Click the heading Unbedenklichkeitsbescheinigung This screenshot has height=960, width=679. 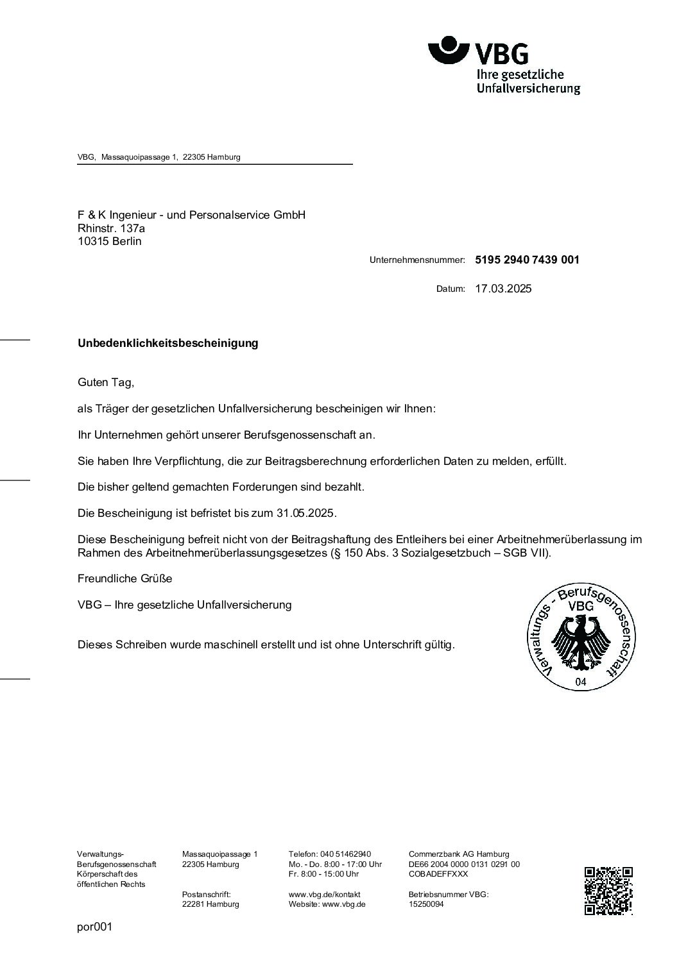[168, 343]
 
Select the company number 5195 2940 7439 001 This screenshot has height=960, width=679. [527, 260]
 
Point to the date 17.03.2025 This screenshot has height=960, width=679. [503, 289]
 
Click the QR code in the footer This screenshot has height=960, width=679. [608, 891]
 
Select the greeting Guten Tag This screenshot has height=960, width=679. [106, 382]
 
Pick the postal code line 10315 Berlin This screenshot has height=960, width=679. [110, 241]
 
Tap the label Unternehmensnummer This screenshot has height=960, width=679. [417, 260]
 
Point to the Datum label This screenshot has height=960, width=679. [451, 289]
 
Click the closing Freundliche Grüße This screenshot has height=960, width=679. [125, 578]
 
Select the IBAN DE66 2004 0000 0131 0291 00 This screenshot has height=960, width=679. [464, 864]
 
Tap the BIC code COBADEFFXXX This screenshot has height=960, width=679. [438, 873]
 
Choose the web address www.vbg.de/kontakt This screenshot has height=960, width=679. [325, 894]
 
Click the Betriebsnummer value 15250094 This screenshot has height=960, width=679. [426, 904]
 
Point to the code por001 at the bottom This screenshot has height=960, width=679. [94, 927]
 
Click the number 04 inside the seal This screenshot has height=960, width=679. [581, 682]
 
